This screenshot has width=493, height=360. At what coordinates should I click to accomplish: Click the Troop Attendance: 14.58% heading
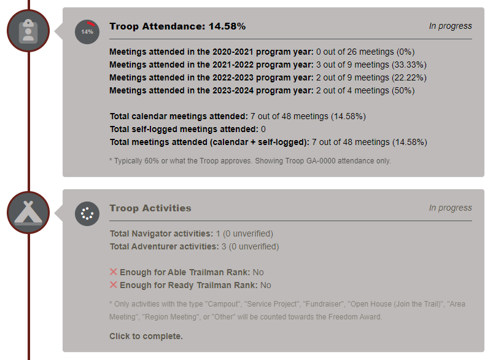[x=177, y=26]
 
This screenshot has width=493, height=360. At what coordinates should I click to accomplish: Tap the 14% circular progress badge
[x=87, y=31]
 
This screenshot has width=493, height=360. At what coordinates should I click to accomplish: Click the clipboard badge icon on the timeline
[x=28, y=30]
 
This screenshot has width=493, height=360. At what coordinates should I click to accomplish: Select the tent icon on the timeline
[x=28, y=212]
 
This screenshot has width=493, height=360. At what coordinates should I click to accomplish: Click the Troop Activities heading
[x=150, y=208]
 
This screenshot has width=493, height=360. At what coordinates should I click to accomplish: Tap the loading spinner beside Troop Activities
[x=87, y=214]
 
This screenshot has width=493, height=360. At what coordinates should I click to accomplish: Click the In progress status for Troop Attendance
[x=450, y=26]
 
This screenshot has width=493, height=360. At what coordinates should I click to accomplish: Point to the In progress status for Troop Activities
[x=450, y=208]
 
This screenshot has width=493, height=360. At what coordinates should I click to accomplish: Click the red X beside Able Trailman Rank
[x=113, y=272]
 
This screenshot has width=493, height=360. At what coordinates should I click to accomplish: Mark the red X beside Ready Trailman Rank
[x=113, y=285]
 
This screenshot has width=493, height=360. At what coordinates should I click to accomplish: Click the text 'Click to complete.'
[x=146, y=336]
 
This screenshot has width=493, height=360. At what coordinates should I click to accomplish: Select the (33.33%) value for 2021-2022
[x=409, y=65]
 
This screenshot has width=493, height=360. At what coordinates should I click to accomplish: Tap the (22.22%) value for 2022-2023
[x=409, y=77]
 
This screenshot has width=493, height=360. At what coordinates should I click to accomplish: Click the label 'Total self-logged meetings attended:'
[x=184, y=129]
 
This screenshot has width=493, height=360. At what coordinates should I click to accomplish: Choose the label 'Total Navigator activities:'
[x=161, y=233]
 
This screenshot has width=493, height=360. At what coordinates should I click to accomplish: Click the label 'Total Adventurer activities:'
[x=164, y=246]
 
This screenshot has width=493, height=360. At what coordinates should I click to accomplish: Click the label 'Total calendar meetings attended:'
[x=179, y=116]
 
